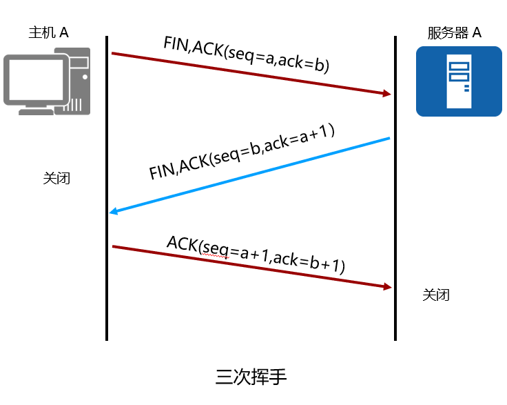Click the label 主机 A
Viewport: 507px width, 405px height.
point(48,32)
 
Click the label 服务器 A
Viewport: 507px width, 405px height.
point(454,32)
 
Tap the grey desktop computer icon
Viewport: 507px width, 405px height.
point(47,81)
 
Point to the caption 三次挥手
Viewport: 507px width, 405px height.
point(251,377)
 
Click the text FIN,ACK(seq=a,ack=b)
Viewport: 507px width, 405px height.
point(247,54)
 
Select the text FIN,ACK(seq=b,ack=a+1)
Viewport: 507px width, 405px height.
point(242,152)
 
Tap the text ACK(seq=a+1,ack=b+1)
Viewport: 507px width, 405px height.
point(256,254)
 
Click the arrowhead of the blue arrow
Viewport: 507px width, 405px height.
point(114,212)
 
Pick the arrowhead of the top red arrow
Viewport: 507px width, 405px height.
point(387,94)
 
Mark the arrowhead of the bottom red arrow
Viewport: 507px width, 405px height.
point(387,286)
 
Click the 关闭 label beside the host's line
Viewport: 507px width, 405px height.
point(56,179)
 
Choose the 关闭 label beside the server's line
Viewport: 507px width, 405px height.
point(436,295)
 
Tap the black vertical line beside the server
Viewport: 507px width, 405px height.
point(395,207)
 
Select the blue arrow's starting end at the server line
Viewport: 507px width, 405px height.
point(389,139)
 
